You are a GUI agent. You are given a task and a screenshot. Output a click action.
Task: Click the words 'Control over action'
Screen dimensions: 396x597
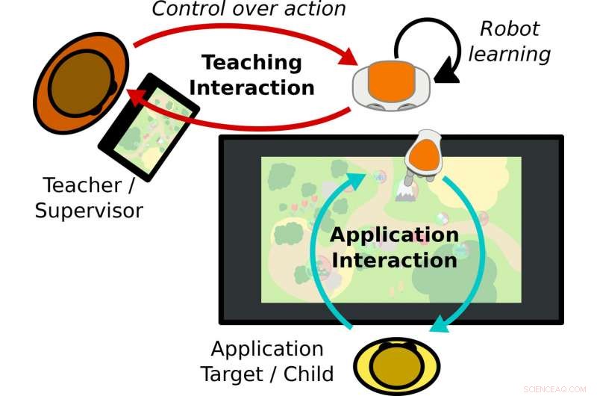coord(249,10)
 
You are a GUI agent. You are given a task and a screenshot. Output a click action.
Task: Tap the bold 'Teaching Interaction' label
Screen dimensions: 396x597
coord(251,75)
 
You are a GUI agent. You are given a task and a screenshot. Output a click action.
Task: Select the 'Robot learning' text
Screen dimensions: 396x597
coord(514,41)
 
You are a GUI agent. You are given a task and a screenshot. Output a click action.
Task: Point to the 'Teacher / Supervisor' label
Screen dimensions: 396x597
coord(89,197)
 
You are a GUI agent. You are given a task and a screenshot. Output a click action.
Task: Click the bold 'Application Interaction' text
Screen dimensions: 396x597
coord(394,247)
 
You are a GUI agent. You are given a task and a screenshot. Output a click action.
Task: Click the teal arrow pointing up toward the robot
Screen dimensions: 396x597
coord(325,247)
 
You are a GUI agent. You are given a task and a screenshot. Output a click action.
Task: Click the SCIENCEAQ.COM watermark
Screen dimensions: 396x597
coord(556,389)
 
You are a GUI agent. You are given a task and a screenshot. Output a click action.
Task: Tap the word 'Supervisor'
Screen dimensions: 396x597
coord(89,210)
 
